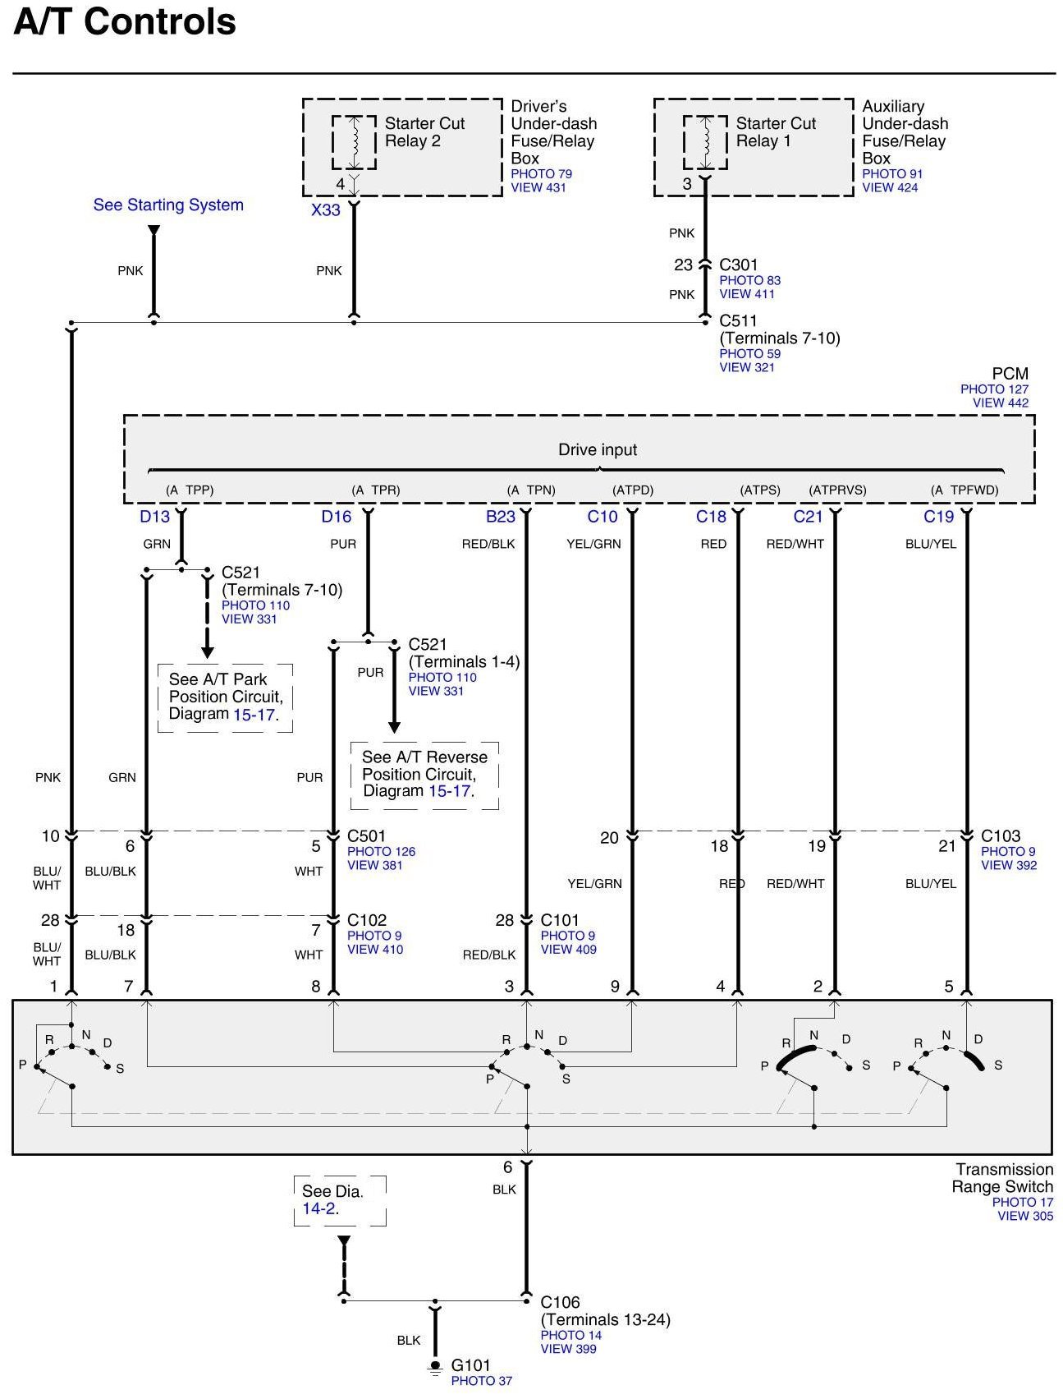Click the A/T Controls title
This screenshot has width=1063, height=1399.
125,22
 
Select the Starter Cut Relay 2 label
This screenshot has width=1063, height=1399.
424,132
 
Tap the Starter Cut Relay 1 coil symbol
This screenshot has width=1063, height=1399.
705,142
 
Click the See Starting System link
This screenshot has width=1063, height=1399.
168,205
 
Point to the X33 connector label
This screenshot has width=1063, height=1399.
325,210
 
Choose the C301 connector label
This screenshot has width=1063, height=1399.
738,265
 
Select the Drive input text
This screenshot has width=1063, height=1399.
598,449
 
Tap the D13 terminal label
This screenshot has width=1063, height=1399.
154,517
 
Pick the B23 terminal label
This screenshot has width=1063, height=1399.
501,517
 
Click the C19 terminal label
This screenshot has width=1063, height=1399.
938,517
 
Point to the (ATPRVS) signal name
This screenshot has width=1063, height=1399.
837,490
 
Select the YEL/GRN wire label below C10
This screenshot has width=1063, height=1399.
593,544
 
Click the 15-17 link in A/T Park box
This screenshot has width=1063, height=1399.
253,715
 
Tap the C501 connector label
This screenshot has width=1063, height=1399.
366,836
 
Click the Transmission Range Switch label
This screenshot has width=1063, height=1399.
1003,1178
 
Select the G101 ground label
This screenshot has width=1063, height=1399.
470,1365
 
